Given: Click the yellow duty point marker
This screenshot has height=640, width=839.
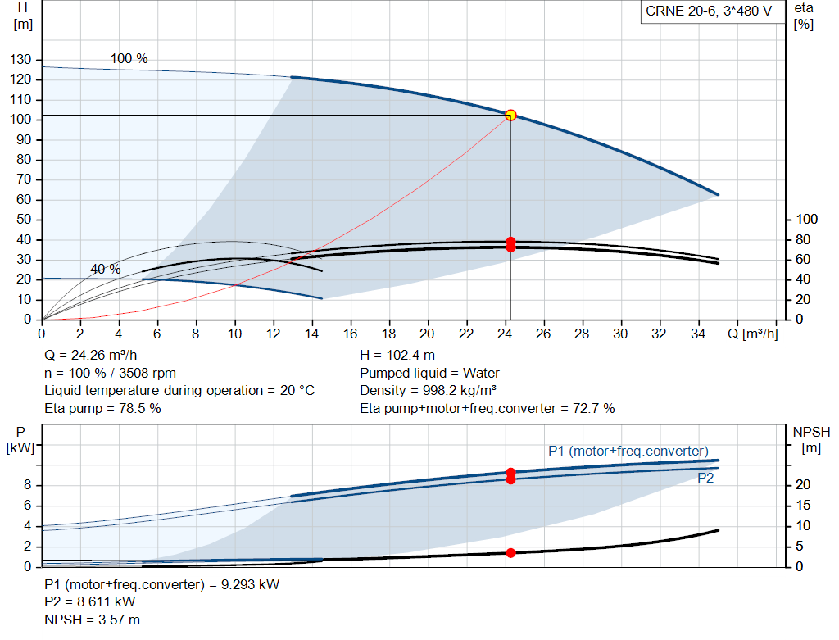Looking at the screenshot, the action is pos(510,115).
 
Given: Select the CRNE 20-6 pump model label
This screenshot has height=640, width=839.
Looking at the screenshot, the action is pos(709,11).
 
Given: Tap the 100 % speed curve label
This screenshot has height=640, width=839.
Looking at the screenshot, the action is pos(129,58).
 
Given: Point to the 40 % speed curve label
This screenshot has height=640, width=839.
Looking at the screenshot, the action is pos(106,269).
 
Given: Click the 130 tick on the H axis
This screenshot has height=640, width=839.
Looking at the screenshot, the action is pos(20,59).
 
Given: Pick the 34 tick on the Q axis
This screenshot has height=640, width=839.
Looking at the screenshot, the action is pos(698,334).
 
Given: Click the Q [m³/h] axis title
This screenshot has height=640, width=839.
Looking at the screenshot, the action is pos(752,334).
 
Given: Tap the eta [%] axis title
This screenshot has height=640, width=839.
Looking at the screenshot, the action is pos(803,16).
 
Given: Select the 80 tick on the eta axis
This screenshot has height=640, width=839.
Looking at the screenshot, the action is pos(803,240).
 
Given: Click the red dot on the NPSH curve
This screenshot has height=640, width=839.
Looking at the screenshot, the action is pos(510,553).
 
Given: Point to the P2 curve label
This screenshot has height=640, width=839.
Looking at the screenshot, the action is pos(705,478).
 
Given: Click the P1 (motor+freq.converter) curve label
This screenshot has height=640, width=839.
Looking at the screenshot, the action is pos(628,451).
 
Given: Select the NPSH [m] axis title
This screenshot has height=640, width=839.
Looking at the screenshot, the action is pos(811,440).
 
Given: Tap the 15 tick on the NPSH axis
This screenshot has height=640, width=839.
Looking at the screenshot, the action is pos(803,505).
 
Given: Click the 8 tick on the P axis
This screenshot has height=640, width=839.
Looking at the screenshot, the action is pos(27,485).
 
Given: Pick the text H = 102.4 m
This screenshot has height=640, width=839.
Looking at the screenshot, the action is pos(397,356).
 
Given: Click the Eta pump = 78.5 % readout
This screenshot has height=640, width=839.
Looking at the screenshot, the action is pos(102,408).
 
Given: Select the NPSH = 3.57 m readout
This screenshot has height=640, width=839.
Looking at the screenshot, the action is pos(92,620).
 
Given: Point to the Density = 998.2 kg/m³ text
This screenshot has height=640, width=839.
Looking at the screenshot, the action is pos(428,391).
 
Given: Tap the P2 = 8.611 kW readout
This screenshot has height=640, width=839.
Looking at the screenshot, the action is pos(90,602).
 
